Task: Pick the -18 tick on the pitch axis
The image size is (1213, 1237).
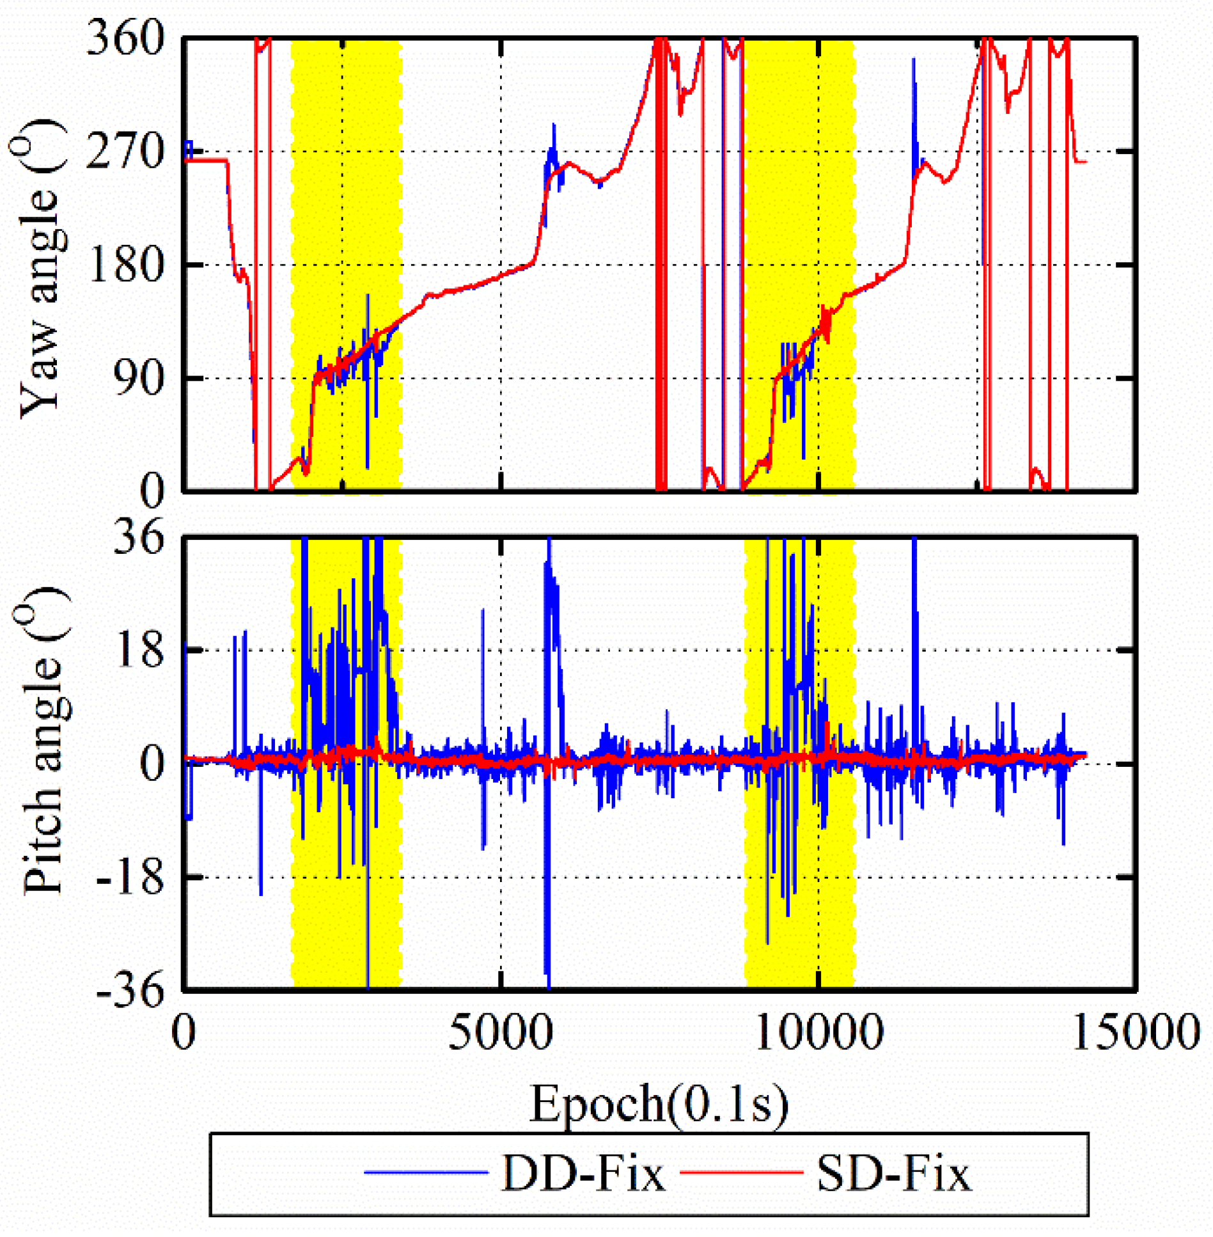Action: (x=130, y=878)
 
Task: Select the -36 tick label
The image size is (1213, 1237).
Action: (x=130, y=991)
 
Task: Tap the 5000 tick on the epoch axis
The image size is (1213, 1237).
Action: (x=500, y=1032)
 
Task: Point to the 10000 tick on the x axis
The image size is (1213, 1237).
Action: (x=818, y=1032)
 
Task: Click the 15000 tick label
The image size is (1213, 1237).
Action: (x=1136, y=1032)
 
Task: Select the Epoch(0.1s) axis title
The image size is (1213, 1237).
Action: (x=659, y=1104)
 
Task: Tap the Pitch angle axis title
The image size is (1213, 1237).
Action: (x=42, y=742)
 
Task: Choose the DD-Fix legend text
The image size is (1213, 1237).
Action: (x=583, y=1174)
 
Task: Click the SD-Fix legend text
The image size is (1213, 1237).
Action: (x=894, y=1174)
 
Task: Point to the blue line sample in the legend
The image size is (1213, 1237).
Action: (x=426, y=1172)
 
